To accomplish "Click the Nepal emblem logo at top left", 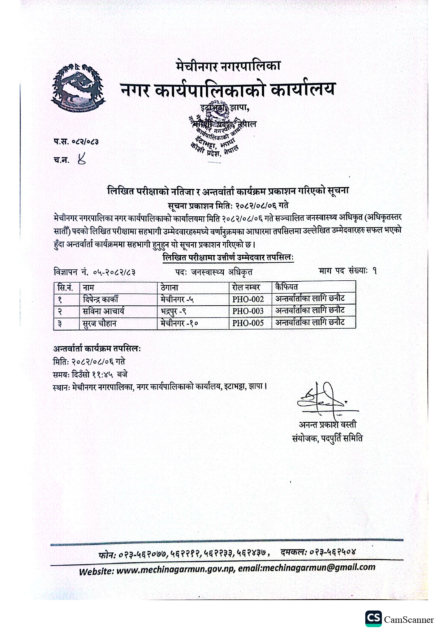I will click(78, 88).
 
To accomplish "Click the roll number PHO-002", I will click(248, 299).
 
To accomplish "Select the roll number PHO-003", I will click(248, 311).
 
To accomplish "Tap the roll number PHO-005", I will click(248, 323).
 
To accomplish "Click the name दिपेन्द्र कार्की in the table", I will click(100, 299).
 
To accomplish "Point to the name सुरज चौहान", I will click(99, 323).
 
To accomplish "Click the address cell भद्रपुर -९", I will click(173, 311).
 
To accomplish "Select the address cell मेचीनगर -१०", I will click(179, 323).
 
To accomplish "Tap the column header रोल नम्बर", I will click(246, 288).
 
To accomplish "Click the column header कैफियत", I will click(286, 287).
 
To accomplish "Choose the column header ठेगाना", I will click(169, 288).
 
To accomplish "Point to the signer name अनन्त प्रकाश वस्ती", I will click(327, 424).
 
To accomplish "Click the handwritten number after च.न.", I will click(82, 159).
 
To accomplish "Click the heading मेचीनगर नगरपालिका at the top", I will click(228, 66).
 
